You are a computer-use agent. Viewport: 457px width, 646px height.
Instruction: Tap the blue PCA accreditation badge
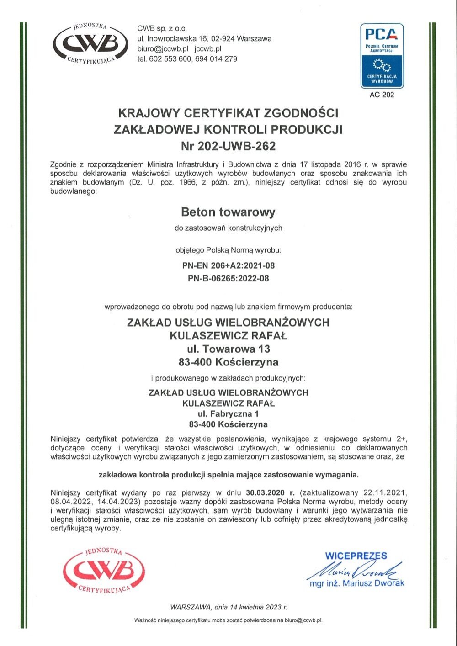click(382, 56)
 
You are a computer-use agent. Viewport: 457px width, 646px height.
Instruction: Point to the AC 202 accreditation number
click(382, 95)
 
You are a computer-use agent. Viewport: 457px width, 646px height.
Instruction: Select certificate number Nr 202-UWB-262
click(228, 146)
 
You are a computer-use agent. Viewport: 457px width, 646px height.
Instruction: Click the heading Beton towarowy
click(228, 212)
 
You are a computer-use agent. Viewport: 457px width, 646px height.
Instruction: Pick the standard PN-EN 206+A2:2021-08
click(228, 265)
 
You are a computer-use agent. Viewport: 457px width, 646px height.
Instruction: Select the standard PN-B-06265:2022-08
click(228, 278)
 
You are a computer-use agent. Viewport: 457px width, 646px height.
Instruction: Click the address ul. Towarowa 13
click(228, 349)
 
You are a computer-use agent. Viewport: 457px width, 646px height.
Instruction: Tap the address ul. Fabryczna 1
click(228, 414)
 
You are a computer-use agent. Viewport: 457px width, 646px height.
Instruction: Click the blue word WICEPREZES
click(356, 556)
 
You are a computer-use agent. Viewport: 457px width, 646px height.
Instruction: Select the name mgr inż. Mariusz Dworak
click(356, 583)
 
